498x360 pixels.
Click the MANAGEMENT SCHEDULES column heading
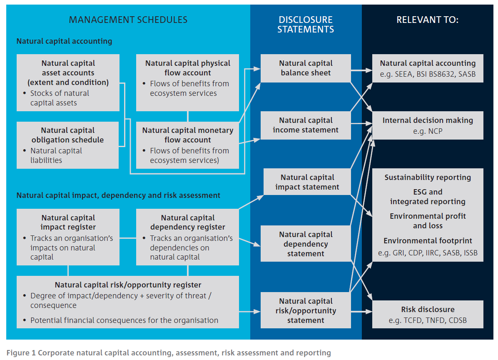pos(128,20)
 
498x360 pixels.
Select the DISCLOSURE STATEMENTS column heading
pos(306,24)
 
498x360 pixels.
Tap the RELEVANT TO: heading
pos(427,20)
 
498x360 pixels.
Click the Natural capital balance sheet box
pos(306,68)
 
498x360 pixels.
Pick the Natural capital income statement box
pos(306,125)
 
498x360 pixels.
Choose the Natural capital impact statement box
pos(307,182)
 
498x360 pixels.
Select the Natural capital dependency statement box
pos(306,244)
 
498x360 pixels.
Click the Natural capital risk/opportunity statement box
pos(306,310)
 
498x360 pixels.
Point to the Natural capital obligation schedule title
pos(68,135)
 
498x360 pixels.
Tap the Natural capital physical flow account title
pos(187,68)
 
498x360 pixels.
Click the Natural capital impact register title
pos(68,222)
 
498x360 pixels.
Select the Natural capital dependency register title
pos(187,222)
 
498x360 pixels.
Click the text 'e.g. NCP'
pos(428,130)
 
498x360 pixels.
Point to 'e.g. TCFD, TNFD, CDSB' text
pos(428,320)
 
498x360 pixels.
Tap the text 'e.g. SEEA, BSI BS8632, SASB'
pos(428,73)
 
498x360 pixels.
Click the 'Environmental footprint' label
pos(428,241)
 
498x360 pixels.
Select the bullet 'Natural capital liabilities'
pos(56,155)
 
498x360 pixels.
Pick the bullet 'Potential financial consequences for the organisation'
pos(124,320)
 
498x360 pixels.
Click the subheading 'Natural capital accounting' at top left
pos(64,41)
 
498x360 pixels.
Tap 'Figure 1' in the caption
pos(20,353)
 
